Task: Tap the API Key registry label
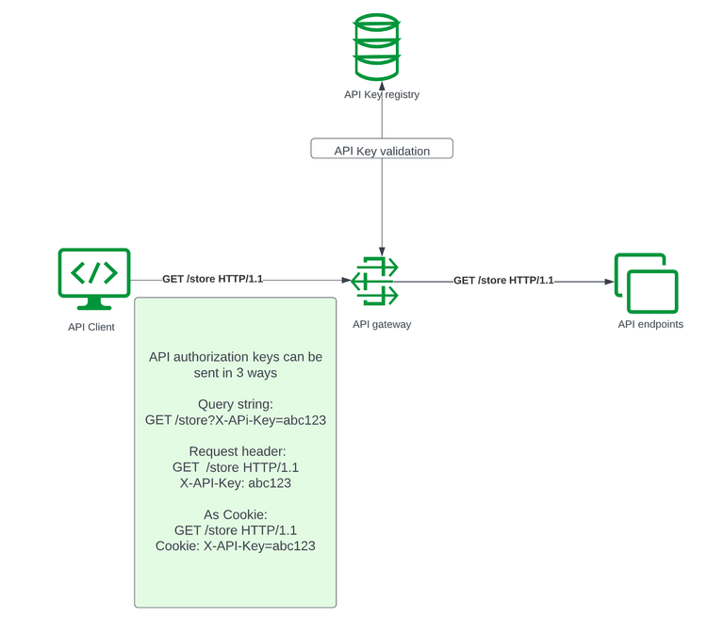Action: coord(381,94)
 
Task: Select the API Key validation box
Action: coord(382,150)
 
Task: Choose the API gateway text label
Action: coord(382,324)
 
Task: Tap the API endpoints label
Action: coord(650,324)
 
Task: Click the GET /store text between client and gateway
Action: coord(212,279)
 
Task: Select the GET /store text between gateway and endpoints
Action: coord(503,280)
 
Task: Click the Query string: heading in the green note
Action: coord(236,404)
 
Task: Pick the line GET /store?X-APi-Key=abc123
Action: coord(236,420)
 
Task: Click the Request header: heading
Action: coord(236,451)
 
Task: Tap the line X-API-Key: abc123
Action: coord(236,482)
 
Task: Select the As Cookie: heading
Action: coord(236,514)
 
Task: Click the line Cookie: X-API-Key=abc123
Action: coord(236,545)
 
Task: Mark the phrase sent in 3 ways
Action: coord(236,372)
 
